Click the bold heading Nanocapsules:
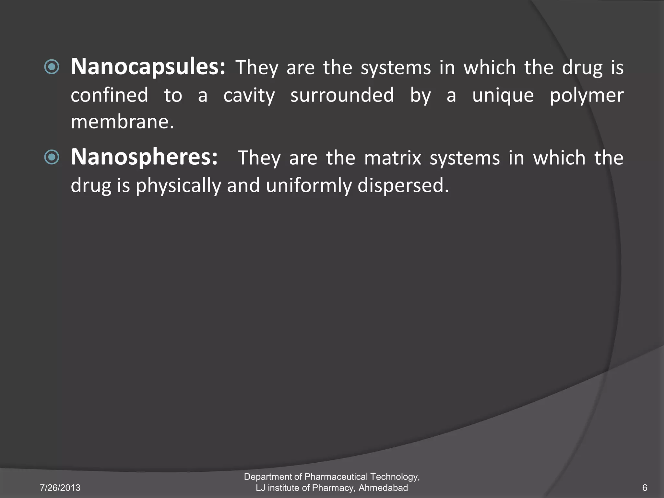(148, 67)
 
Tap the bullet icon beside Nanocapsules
(52, 67)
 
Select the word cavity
(249, 96)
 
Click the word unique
(503, 96)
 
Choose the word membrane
(122, 122)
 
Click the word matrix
(393, 158)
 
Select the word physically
(178, 186)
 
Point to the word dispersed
(403, 186)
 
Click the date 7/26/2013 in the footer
(60, 488)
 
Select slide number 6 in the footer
(645, 488)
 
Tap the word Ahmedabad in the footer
(383, 488)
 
